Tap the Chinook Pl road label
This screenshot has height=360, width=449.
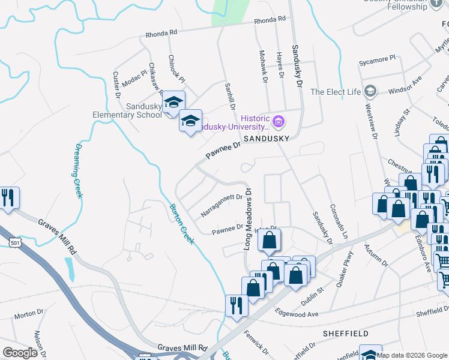pyautogui.click(x=176, y=70)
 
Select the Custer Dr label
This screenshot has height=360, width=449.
pyautogui.click(x=117, y=85)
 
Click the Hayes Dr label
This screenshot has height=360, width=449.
pyautogui.click(x=280, y=64)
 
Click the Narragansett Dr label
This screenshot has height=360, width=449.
pyautogui.click(x=221, y=205)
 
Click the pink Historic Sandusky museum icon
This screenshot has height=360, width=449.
pyautogui.click(x=278, y=122)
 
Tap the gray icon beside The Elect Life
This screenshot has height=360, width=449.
pyautogui.click(x=370, y=91)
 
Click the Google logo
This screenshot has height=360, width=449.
pyautogui.click(x=20, y=353)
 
